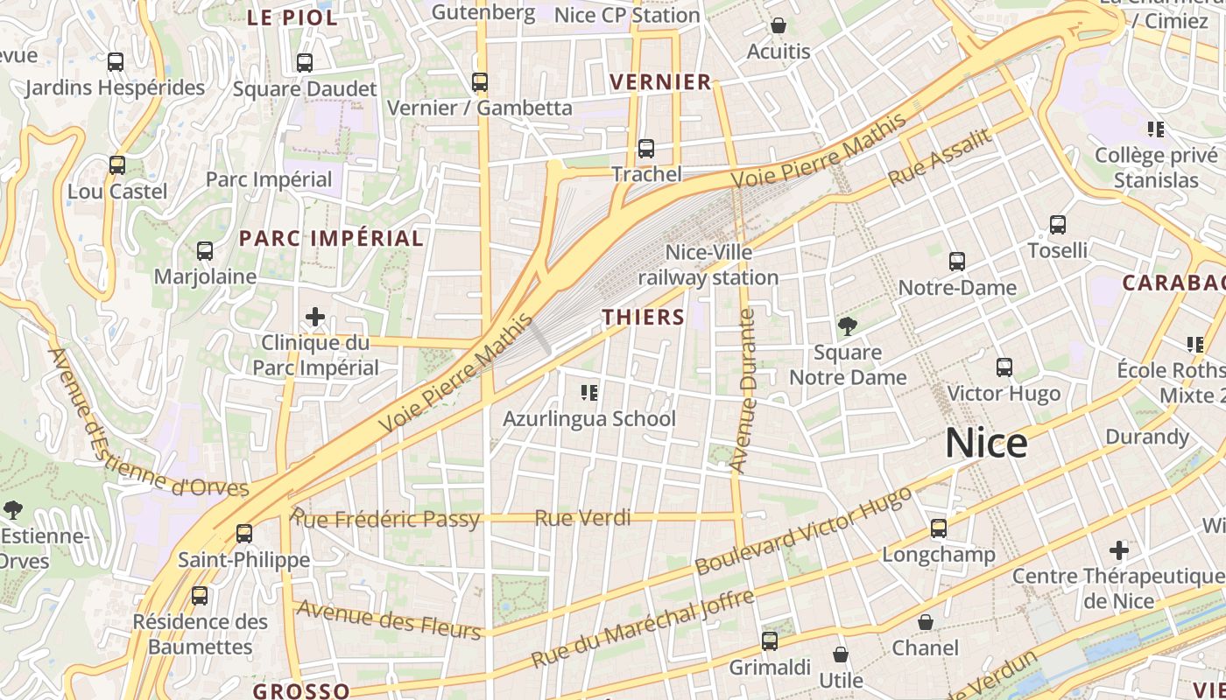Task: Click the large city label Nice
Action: tap(986, 444)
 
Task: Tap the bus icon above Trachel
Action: tap(646, 149)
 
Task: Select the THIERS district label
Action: tap(644, 317)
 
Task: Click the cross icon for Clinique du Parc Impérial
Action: tap(315, 317)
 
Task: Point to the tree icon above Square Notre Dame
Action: tap(847, 326)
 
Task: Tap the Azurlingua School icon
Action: tap(589, 393)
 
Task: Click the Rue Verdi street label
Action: tap(582, 518)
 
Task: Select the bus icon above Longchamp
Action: tap(939, 528)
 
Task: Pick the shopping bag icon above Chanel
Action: tap(926, 622)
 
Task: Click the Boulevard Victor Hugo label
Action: tap(803, 530)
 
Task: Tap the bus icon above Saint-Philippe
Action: tap(244, 533)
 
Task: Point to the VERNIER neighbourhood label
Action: tap(660, 82)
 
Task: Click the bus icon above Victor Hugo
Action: tap(1004, 367)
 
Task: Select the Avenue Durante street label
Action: tap(744, 391)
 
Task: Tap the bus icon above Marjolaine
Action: tap(205, 251)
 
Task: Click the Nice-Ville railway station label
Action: tap(708, 265)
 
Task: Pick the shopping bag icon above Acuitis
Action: tap(779, 26)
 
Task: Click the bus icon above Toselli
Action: tap(1058, 225)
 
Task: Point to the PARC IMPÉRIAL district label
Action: tap(331, 238)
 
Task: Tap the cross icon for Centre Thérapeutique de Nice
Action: tap(1119, 550)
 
